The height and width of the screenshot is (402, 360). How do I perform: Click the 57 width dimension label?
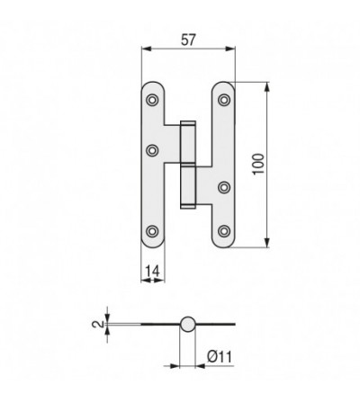coord(188,40)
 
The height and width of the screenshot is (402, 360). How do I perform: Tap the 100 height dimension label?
coord(258,164)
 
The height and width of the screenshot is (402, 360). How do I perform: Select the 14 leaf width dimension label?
coord(152,272)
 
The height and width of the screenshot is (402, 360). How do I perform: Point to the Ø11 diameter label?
coord(220,357)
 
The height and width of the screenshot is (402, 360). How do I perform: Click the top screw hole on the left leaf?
coord(152,100)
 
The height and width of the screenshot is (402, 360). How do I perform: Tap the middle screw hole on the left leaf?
coord(152,150)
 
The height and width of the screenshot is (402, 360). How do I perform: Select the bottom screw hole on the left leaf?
coord(152,231)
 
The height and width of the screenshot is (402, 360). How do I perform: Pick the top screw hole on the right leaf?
coord(224,100)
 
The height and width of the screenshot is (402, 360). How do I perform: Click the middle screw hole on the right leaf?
coord(224,187)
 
